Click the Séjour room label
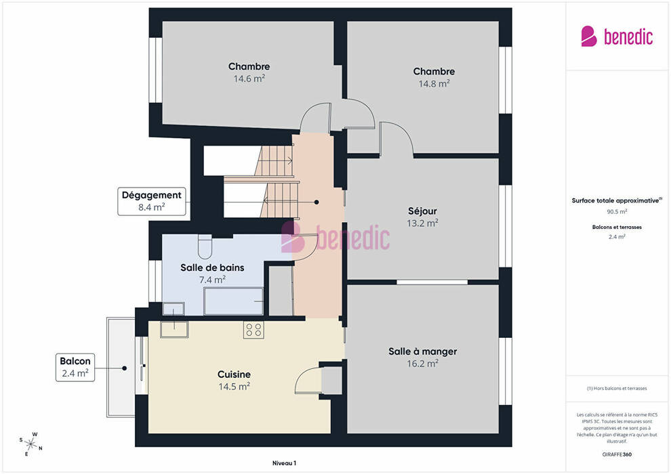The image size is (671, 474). (422, 211)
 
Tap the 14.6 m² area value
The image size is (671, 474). (249, 79)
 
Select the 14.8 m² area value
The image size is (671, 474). (434, 84)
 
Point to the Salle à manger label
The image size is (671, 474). (422, 351)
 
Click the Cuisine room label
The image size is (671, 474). (234, 374)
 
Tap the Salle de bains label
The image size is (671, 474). (212, 267)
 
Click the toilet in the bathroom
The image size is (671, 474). (205, 246)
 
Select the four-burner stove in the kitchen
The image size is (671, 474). (253, 330)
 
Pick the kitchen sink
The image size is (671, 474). (174, 328)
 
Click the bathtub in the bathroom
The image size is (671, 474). (234, 301)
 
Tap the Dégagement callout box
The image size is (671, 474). (152, 201)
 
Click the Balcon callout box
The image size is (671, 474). (75, 367)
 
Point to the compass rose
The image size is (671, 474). (30, 444)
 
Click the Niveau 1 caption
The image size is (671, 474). (284, 463)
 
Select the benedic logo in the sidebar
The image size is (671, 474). (617, 37)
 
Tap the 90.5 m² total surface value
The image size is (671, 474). (617, 211)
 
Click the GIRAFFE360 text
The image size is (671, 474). (617, 454)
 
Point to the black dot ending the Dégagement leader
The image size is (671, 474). (317, 202)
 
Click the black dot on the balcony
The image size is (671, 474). (125, 368)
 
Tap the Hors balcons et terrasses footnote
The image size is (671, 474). (617, 389)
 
